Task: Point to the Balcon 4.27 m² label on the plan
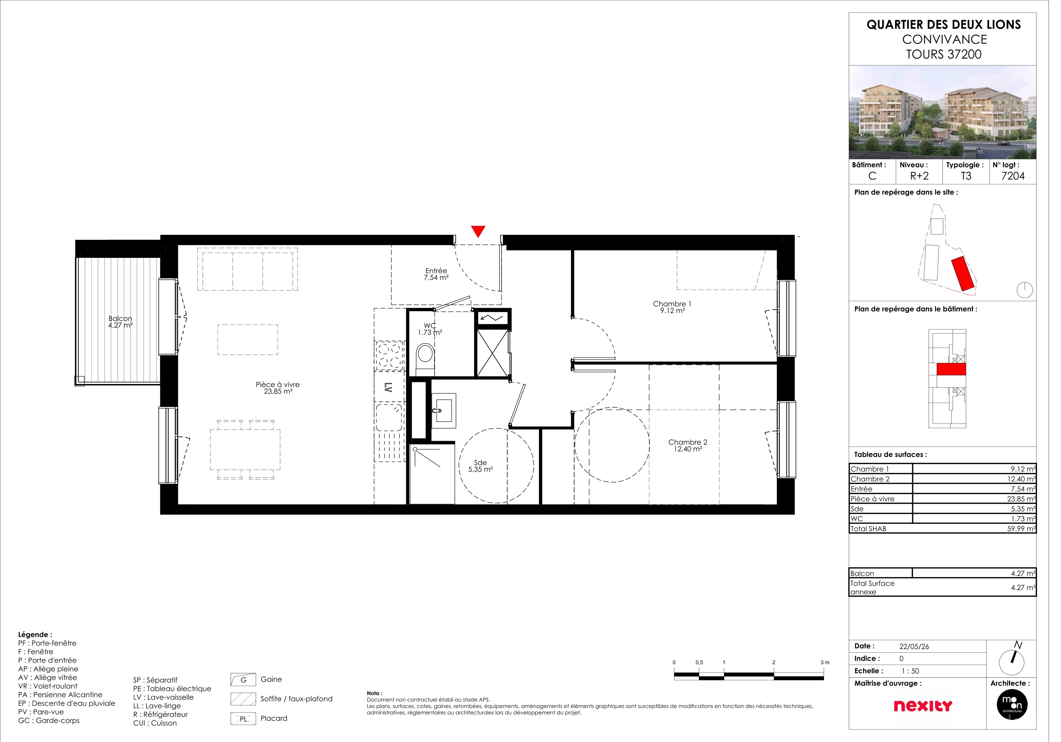122,325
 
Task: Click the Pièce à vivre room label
281,392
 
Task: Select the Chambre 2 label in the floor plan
695,450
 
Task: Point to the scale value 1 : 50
921,678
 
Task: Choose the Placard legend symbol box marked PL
246,726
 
